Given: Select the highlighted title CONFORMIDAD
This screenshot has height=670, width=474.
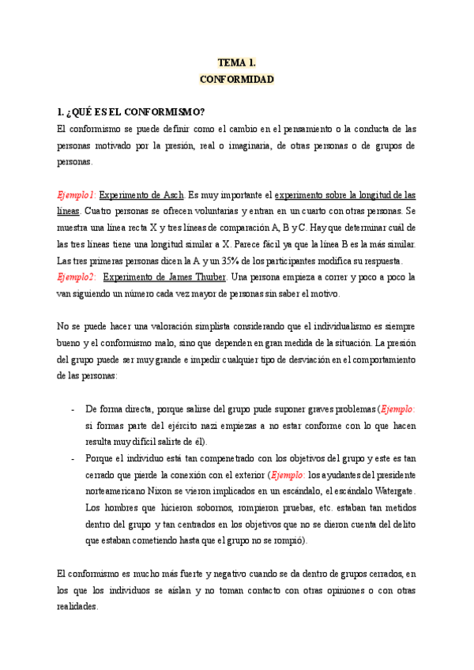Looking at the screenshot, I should point(236,79).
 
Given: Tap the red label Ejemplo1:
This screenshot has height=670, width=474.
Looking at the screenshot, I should point(77,194).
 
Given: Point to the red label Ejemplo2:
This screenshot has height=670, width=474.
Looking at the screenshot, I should point(77,277).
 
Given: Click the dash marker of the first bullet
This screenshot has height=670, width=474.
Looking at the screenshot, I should point(73,410).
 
